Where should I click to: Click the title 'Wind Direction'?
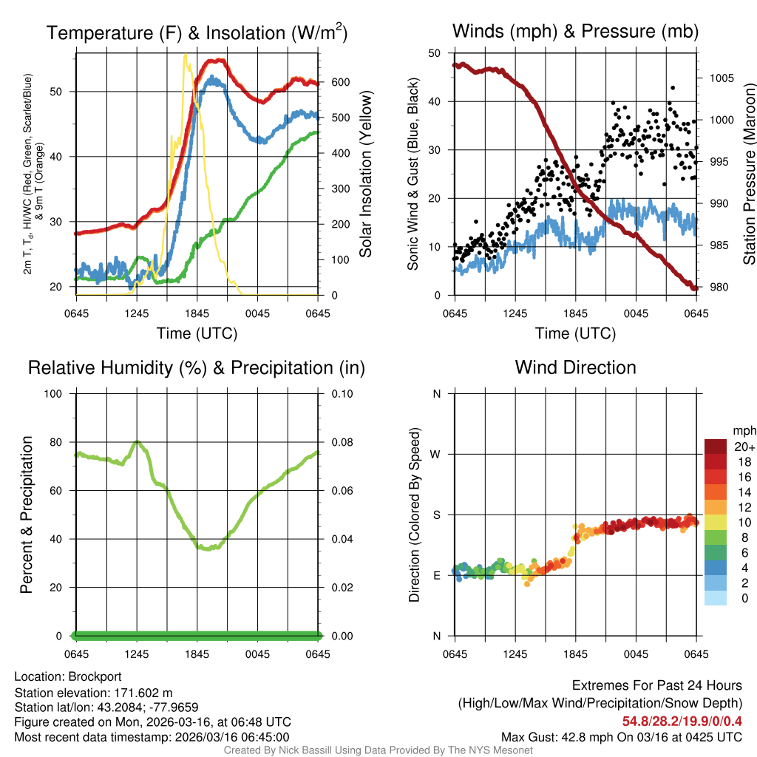(575, 367)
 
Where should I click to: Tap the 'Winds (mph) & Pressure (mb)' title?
(575, 31)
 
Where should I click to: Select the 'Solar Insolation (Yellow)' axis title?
(366, 174)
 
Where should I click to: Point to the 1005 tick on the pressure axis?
(720, 78)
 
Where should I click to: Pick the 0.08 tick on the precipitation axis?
(342, 442)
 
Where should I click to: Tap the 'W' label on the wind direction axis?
(437, 454)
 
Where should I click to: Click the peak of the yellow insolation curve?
(185, 55)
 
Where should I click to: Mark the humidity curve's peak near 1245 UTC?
(137, 441)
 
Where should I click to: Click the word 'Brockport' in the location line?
(95, 676)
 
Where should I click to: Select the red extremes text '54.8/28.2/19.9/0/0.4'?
(682, 721)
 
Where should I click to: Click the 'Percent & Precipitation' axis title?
(27, 514)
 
